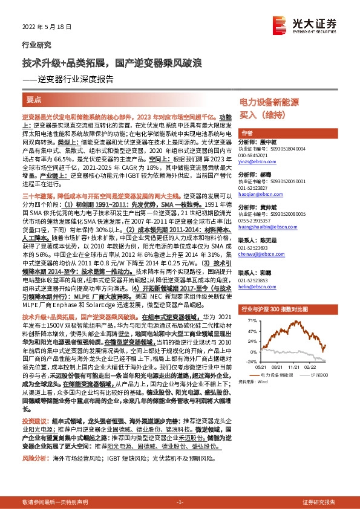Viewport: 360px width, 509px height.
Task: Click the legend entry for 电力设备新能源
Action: click(281, 375)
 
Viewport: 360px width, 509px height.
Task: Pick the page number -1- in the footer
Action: click(180, 502)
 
